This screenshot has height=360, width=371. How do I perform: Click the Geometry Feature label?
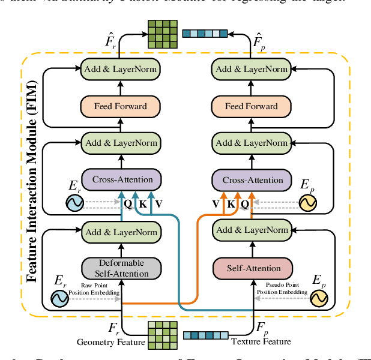111,342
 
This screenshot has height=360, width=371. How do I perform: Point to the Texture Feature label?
261,342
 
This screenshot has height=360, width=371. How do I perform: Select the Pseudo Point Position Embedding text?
283,289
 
